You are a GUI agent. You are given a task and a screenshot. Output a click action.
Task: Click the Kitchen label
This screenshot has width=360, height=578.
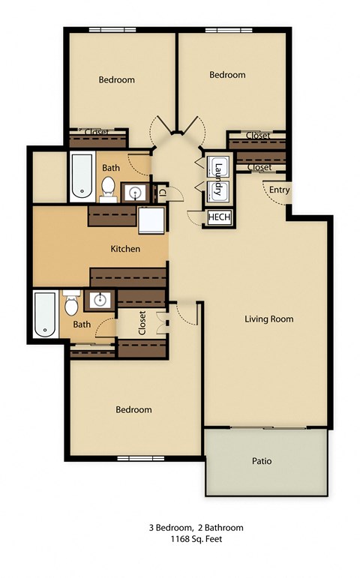tap(125, 249)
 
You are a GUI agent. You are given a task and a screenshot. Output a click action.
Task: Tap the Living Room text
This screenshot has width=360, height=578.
tap(268, 319)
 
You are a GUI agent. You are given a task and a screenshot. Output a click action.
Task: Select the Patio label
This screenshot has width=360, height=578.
tap(262, 460)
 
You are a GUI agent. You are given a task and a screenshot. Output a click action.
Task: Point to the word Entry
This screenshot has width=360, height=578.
tap(279, 190)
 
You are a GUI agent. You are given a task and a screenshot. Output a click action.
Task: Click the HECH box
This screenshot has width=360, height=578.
tap(218, 217)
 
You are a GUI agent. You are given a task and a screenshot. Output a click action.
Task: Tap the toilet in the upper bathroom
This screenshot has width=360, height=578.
tap(108, 187)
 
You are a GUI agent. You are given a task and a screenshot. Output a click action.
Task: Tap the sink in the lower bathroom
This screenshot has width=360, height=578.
tap(100, 301)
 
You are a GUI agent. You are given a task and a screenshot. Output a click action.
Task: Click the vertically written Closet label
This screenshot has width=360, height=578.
tap(142, 323)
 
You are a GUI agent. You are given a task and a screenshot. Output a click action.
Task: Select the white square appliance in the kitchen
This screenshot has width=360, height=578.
tap(150, 220)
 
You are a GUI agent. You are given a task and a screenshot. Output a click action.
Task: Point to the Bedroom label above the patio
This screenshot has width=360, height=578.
tap(133, 410)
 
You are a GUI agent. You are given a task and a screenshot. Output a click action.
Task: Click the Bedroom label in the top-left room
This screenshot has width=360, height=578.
tap(117, 79)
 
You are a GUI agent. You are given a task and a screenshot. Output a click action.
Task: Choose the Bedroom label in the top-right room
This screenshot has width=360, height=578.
tap(227, 75)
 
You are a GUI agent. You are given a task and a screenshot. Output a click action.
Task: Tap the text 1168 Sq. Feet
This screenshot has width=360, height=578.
tap(196, 539)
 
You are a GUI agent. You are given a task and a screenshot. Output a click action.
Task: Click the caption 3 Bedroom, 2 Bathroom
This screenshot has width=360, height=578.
tap(196, 528)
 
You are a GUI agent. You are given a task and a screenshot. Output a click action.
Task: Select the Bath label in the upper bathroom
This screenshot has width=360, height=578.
tap(111, 168)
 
